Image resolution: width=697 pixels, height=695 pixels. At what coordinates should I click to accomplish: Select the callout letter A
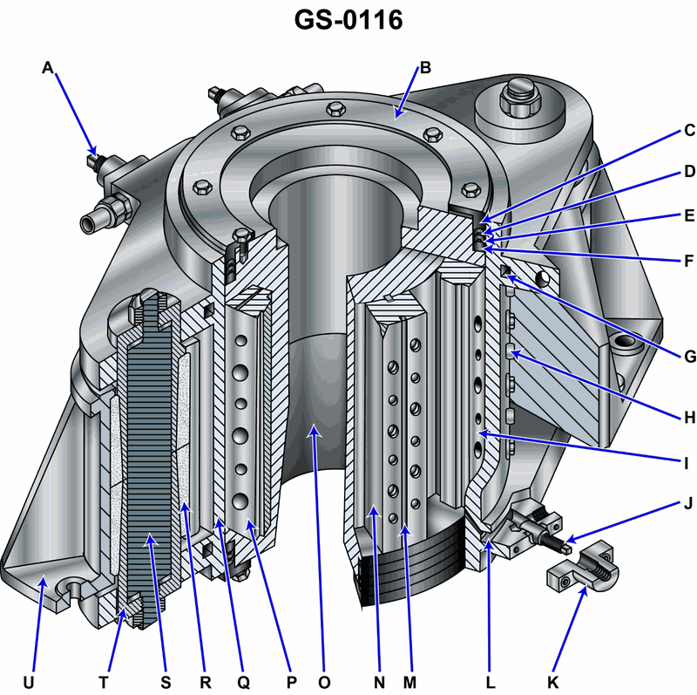(x=48, y=67)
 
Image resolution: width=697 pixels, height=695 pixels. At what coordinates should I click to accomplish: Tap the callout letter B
(x=425, y=67)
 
